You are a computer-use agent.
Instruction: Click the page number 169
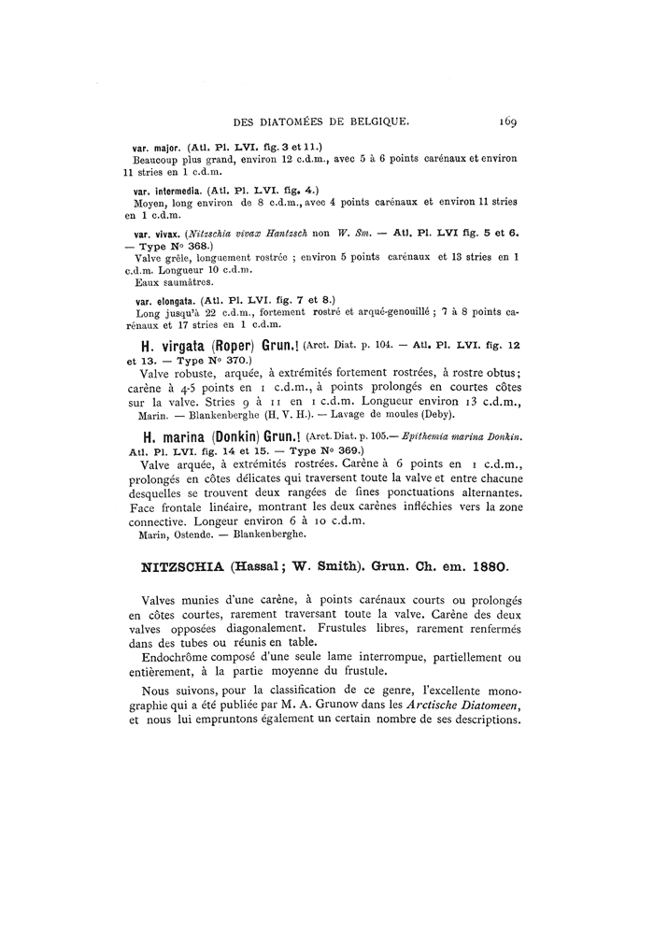pos(508,121)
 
